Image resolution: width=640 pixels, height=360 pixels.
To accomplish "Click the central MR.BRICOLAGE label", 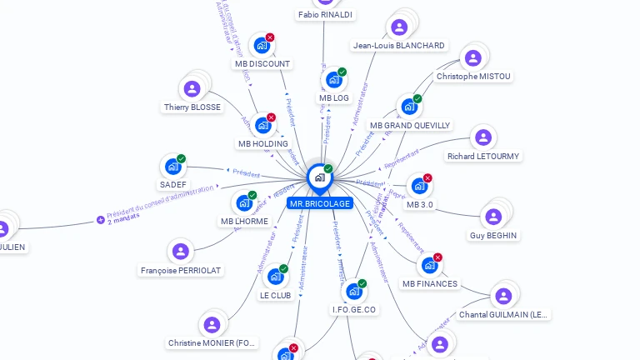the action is tap(319, 203).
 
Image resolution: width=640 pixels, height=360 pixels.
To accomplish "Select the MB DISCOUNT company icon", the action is tap(262, 46).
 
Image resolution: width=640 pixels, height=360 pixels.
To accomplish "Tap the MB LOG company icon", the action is tap(334, 80).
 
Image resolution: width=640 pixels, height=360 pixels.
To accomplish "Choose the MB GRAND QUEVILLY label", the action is tap(410, 126).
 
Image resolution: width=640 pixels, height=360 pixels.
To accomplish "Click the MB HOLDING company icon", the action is tap(262, 125).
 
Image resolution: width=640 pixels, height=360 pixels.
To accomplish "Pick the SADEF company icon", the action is tap(172, 167).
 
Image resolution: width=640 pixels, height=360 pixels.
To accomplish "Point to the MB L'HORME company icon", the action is tap(244, 202).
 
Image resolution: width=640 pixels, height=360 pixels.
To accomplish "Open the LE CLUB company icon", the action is tap(275, 277).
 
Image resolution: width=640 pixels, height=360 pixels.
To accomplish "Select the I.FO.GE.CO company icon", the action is tap(354, 292).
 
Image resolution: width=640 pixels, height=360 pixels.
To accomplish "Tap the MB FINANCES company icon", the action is tap(429, 265).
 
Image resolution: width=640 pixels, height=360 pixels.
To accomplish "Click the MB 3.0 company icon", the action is tap(419, 186).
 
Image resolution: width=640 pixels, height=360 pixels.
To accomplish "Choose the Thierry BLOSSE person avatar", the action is tap(192, 88).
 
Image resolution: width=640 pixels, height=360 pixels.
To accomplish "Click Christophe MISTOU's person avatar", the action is tap(473, 57).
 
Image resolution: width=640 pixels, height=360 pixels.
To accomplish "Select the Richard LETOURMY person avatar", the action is tap(482, 137).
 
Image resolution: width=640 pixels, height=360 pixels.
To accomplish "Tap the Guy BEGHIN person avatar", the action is tap(493, 217).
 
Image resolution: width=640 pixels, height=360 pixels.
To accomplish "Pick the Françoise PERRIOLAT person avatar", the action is tap(181, 251).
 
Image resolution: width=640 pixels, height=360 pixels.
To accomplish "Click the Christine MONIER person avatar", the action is tap(212, 324).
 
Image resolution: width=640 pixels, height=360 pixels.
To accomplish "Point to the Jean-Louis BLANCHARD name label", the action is tap(398, 46).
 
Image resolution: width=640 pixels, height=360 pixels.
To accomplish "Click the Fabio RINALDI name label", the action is tap(325, 15).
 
